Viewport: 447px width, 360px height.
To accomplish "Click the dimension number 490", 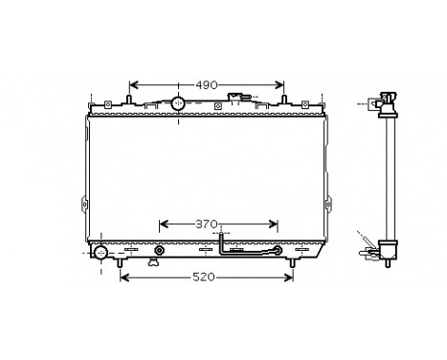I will click(208, 84).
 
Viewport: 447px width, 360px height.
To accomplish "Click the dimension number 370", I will click(207, 223).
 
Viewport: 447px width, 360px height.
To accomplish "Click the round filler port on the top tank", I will click(178, 102).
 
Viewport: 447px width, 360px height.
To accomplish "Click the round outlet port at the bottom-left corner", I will click(101, 253).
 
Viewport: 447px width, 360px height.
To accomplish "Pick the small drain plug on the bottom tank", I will click(159, 254).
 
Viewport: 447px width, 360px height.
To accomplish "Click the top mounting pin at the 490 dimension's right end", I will click(283, 101).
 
